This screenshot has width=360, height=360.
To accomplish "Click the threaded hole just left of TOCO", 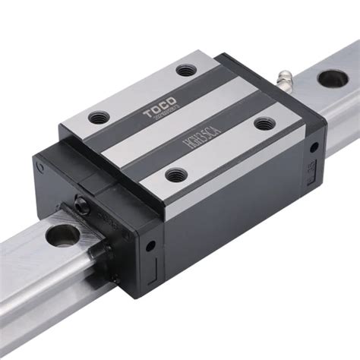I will [x=99, y=118].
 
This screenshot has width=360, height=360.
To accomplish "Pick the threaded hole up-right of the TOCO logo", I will [x=186, y=71].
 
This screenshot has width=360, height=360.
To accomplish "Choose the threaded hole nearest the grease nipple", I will [x=262, y=123].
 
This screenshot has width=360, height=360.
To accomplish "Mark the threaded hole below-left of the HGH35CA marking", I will [x=175, y=174].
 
